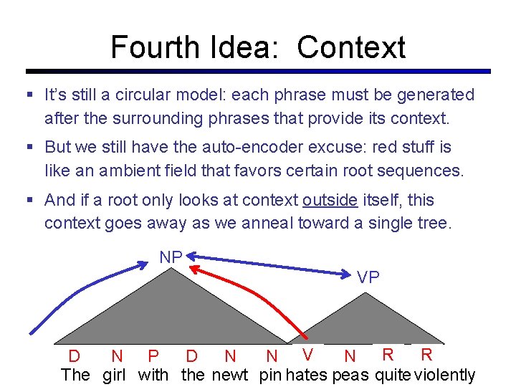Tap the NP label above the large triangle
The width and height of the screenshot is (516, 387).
pyautogui.click(x=171, y=257)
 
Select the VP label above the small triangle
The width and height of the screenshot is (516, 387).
pyautogui.click(x=368, y=278)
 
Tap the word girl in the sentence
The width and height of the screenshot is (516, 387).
pyautogui.click(x=114, y=374)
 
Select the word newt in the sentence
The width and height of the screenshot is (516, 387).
pyautogui.click(x=229, y=374)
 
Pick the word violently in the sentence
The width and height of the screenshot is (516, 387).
pyautogui.click(x=445, y=374)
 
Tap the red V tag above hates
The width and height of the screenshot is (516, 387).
pyautogui.click(x=307, y=353)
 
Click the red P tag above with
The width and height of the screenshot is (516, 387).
pyautogui.click(x=153, y=356)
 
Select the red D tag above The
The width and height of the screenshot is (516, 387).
pyautogui.click(x=74, y=356)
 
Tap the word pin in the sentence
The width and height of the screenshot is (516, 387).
pyautogui.click(x=270, y=374)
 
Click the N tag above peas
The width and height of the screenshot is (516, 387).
pyautogui.click(x=350, y=356)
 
